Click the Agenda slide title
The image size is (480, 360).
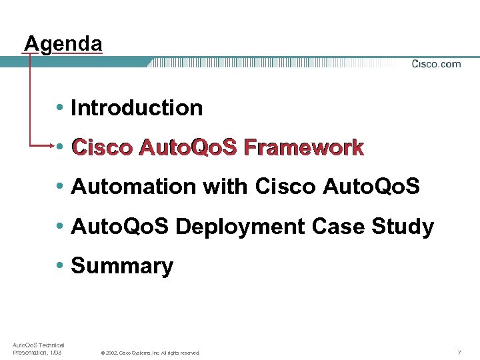(x=63, y=44)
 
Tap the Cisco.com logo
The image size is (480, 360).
(x=436, y=64)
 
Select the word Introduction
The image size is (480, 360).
(x=137, y=108)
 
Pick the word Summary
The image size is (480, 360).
(x=122, y=266)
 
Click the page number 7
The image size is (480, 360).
(x=459, y=352)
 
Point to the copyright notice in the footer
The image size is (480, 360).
(x=150, y=353)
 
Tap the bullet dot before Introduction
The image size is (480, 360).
(x=61, y=108)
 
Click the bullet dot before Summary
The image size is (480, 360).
(x=61, y=266)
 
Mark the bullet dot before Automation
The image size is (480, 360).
(x=61, y=187)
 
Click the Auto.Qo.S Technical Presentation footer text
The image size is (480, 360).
(x=38, y=348)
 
